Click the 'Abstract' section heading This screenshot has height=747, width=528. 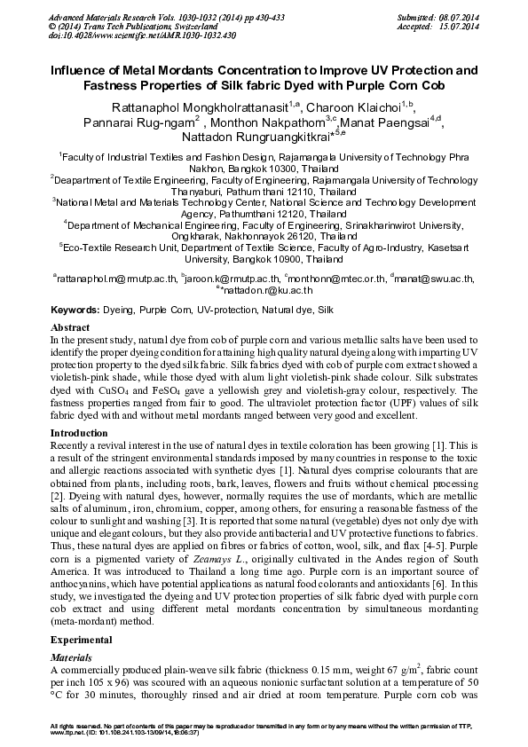coord(70,327)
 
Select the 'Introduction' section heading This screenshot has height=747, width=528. coord(79,434)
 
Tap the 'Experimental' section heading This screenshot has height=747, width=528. coord(81,639)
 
